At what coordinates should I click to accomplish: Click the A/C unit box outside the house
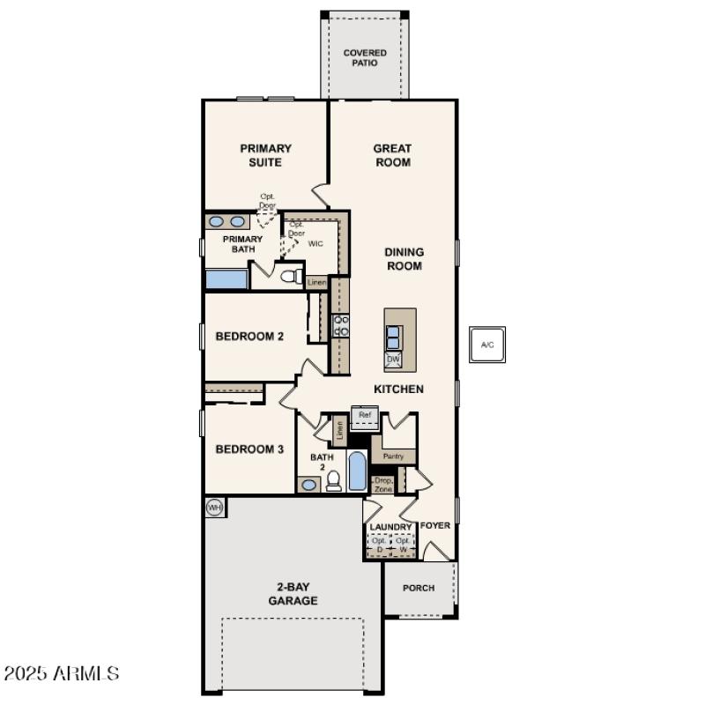pos(486,344)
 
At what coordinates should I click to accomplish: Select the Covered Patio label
pos(365,58)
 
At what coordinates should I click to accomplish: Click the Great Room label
pos(392,155)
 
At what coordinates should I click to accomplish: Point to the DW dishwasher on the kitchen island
pos(393,360)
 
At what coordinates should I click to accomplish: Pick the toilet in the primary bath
pos(289,277)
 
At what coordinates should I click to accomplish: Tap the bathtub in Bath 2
pos(357,471)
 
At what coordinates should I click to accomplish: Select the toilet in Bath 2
pos(334,480)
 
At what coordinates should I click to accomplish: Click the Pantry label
pos(393,456)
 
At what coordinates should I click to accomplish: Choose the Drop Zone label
pos(383,484)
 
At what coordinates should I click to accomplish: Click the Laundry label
pos(390,527)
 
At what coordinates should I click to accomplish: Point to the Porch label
pos(419,588)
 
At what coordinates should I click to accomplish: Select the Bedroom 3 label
pos(249,449)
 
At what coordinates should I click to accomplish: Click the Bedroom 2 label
pos(249,336)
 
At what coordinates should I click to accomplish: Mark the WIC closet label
pos(315,243)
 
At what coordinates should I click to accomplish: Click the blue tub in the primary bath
pos(226,280)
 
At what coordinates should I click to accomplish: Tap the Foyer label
pos(435,525)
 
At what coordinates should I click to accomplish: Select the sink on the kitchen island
pos(394,337)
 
